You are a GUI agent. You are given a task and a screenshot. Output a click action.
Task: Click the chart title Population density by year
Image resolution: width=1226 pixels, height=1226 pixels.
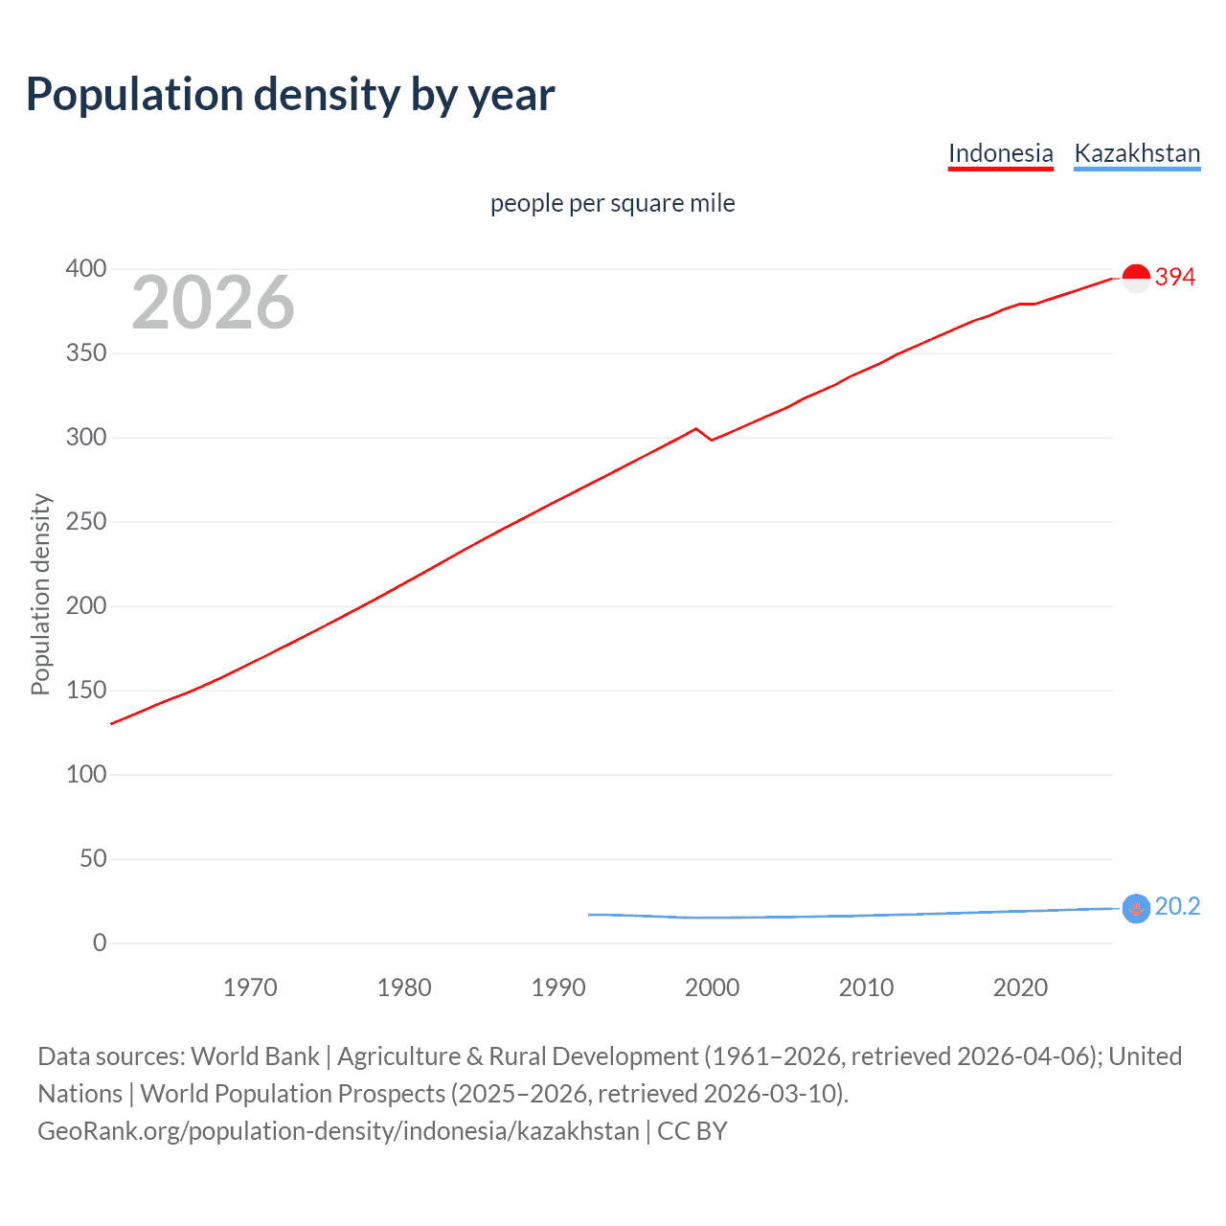[x=290, y=95]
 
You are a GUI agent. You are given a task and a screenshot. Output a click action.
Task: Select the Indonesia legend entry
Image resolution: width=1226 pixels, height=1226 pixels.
[x=1000, y=153]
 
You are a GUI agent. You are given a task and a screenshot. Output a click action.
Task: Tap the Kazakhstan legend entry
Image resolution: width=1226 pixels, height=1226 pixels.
[x=1137, y=153]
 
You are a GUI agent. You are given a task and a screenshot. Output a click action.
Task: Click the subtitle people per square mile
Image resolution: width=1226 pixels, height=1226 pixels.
[x=612, y=203]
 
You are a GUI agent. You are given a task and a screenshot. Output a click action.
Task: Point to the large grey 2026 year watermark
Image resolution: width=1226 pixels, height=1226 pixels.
[x=213, y=303]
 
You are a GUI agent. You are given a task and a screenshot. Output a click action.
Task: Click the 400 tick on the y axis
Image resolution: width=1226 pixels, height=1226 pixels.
[x=86, y=269]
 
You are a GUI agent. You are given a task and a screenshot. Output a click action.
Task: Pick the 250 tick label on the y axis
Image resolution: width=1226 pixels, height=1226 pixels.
[x=86, y=522]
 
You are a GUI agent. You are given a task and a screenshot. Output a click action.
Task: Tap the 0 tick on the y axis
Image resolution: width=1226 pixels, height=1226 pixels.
[x=100, y=942]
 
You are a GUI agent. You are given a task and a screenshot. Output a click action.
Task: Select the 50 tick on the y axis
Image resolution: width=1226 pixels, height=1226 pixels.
[x=93, y=858]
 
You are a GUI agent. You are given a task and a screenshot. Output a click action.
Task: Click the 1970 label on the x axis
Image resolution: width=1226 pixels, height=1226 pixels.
[x=250, y=988]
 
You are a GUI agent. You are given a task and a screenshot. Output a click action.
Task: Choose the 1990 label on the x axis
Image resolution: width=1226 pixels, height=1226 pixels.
[x=558, y=988]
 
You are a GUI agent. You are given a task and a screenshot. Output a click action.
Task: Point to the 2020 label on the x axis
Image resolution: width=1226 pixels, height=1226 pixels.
[x=1020, y=988]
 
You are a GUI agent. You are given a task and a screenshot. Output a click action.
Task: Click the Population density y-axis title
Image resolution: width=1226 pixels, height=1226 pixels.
[x=40, y=594]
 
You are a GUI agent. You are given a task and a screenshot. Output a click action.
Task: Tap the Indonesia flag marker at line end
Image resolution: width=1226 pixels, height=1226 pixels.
[x=1135, y=279]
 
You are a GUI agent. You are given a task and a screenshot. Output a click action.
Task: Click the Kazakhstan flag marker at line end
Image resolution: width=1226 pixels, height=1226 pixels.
[x=1135, y=908]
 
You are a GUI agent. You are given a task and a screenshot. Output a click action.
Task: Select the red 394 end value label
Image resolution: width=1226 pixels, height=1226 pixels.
[x=1175, y=278]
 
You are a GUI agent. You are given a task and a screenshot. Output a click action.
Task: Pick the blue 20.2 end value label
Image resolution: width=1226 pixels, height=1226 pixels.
[x=1177, y=907]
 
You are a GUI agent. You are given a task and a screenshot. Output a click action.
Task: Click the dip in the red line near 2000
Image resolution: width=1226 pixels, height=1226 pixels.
[x=712, y=440]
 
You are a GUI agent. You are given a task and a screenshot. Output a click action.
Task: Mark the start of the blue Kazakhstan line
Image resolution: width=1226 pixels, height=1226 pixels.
[x=590, y=915]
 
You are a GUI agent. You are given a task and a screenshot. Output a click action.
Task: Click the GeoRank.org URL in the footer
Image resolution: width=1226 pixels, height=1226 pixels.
[x=338, y=1131]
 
